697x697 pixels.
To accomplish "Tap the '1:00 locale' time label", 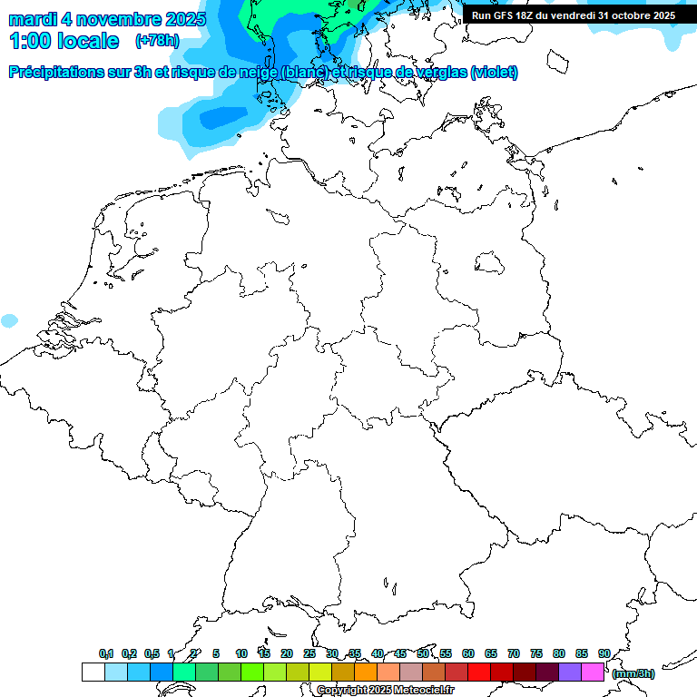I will coord(64,41).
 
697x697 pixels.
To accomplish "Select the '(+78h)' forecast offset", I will coord(157,41).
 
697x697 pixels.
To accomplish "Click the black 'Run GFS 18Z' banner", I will coord(574,15).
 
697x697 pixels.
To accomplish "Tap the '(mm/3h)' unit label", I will coord(633,673).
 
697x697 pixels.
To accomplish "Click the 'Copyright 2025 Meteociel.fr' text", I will coord(385,690).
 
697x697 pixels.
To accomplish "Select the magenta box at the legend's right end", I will coord(593,672).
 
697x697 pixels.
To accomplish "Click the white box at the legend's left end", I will coord(93,672).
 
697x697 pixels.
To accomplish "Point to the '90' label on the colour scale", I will coord(604,653).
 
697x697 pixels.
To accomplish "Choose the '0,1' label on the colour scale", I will coord(106,653).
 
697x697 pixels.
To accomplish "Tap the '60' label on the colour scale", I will coord(468,653).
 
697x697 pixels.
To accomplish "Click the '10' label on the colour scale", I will coord(241,653).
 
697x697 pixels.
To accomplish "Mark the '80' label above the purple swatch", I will coord(559,653).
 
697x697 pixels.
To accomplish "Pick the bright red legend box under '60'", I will coord(479,672).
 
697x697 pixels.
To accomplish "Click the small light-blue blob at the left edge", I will coord(9,320).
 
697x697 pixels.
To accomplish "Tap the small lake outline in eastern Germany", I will coord(490,262).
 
